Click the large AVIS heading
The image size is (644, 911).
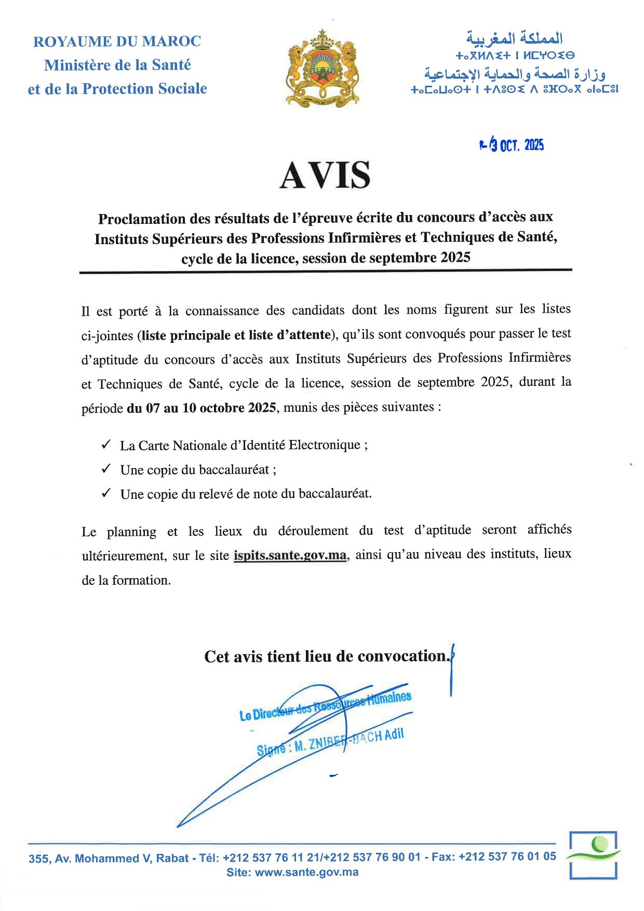[x=325, y=176]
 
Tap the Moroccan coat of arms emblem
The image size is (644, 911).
[x=323, y=68]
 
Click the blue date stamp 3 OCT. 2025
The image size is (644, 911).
[x=512, y=145]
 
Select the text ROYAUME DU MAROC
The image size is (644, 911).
[x=117, y=42]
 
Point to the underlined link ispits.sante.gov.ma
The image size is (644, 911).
[x=290, y=555]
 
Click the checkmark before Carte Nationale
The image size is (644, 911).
[x=106, y=445]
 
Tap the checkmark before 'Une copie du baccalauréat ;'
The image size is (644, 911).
[x=106, y=469]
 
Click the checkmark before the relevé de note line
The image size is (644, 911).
[x=106, y=493]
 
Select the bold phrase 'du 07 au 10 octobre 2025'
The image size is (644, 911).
[x=201, y=408]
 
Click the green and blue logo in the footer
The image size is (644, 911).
[x=593, y=854]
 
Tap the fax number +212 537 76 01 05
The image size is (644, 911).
[x=507, y=856]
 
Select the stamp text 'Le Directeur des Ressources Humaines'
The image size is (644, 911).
[x=325, y=706]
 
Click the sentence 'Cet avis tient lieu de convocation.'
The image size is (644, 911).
[x=326, y=657]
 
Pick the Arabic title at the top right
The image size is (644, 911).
[x=514, y=38]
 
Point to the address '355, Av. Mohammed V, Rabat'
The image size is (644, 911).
[x=109, y=859]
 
